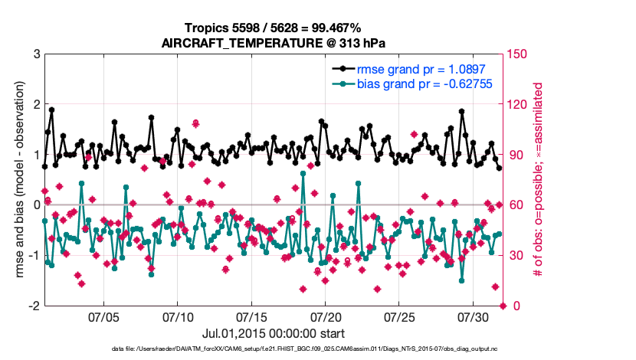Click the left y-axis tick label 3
35,54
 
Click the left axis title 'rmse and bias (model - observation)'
15,180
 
